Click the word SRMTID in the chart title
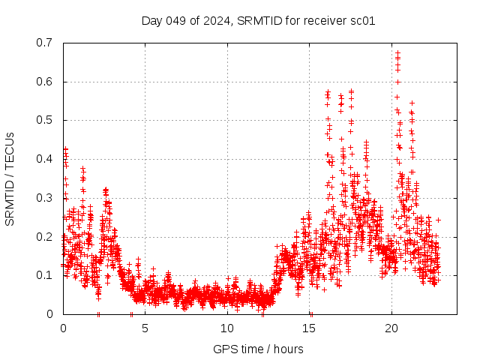click(258, 20)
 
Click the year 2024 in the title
click(218, 20)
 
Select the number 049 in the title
click(177, 20)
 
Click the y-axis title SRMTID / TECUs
click(10, 178)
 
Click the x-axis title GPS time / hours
click(258, 349)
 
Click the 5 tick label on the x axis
click(145, 328)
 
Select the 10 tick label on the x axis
click(227, 328)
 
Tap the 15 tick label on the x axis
click(310, 328)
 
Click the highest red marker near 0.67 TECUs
click(397, 53)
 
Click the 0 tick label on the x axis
click(63, 328)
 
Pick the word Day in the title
click(152, 20)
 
